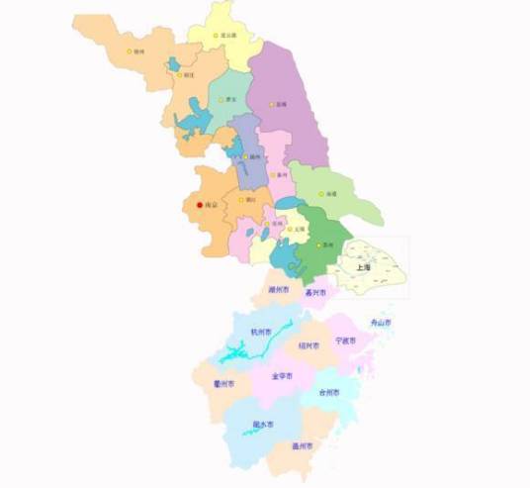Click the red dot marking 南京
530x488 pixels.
(x=199, y=205)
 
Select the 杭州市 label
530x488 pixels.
(x=261, y=332)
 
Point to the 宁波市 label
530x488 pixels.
(x=345, y=340)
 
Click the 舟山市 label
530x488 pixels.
(x=381, y=323)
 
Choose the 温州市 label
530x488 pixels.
(x=303, y=445)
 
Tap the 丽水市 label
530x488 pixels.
(x=263, y=425)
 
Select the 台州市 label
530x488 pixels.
(x=329, y=392)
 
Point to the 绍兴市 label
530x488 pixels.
(x=308, y=346)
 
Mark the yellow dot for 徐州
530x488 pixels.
(x=129, y=51)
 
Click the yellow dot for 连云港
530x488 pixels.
(x=216, y=35)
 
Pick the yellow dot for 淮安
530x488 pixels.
(x=222, y=99)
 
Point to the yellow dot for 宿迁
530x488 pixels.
(x=179, y=74)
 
